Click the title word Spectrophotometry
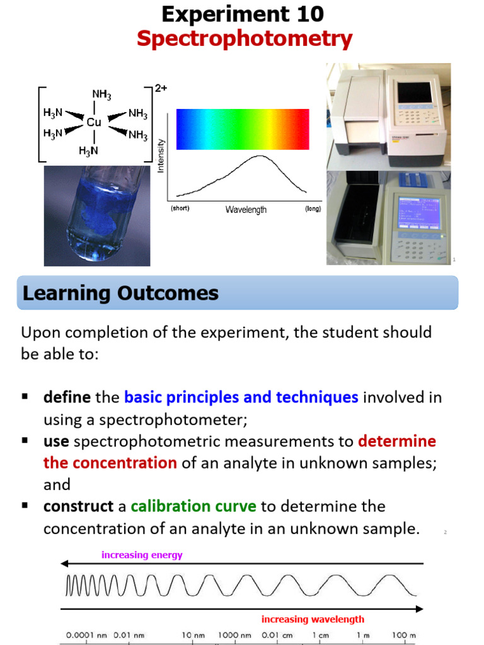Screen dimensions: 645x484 (x=245, y=39)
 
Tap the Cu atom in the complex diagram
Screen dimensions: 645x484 (x=94, y=122)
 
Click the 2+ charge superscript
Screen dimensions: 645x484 (x=161, y=89)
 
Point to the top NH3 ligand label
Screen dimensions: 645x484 (x=101, y=94)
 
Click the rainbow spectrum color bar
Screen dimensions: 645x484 (x=243, y=129)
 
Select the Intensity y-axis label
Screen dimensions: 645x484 (x=161, y=157)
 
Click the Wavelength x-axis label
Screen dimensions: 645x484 (x=246, y=210)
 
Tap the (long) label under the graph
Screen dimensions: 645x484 (x=313, y=208)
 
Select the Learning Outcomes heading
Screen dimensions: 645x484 (x=121, y=293)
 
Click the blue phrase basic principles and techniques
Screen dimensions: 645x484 (x=241, y=397)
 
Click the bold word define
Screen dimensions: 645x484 (x=67, y=397)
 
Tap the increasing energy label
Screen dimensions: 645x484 (x=142, y=555)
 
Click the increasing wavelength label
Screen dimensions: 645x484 (x=313, y=619)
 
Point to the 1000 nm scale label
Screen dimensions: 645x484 (x=234, y=636)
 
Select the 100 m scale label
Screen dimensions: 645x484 (x=403, y=636)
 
